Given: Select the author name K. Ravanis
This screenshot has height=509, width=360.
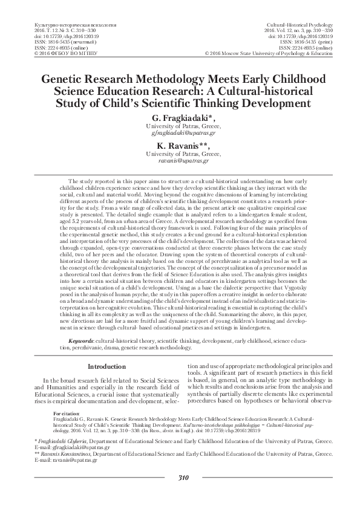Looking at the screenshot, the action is point(180,146).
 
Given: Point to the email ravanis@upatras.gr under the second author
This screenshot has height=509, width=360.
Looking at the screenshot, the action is point(180,162).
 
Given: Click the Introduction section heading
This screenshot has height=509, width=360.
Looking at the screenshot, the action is point(106,367).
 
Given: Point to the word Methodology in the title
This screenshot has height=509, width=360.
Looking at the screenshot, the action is point(187,80).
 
